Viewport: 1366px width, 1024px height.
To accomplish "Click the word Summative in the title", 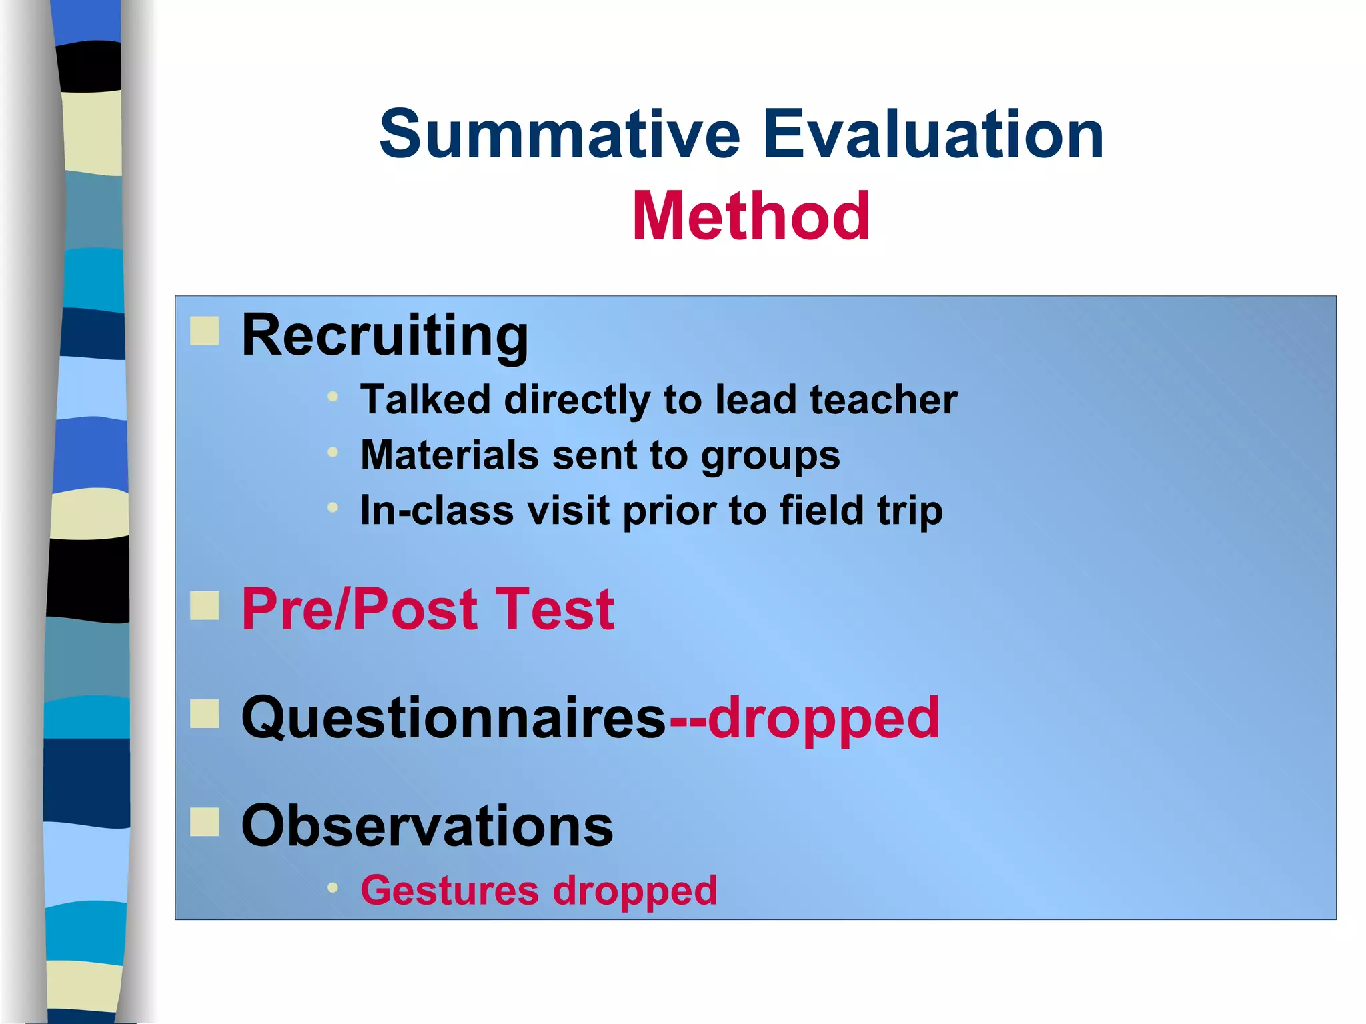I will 560,135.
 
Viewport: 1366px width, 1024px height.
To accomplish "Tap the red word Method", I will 751,216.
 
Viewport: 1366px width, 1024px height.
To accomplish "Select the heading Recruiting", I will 385,335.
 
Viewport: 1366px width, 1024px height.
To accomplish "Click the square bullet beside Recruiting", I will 204,331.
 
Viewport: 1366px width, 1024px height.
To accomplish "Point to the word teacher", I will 883,400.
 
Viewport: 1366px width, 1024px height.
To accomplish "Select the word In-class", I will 436,511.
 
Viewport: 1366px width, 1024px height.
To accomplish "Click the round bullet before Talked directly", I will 333,397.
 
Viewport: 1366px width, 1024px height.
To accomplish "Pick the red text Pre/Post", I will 360,609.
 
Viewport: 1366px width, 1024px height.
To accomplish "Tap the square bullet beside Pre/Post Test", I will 204,605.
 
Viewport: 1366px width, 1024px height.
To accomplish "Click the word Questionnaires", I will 454,718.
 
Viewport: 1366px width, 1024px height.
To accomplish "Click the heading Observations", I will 427,826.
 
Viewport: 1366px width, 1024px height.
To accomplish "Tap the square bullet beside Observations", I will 204,821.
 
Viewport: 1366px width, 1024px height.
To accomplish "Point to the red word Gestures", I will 449,891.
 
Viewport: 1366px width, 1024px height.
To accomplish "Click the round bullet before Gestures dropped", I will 333,888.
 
